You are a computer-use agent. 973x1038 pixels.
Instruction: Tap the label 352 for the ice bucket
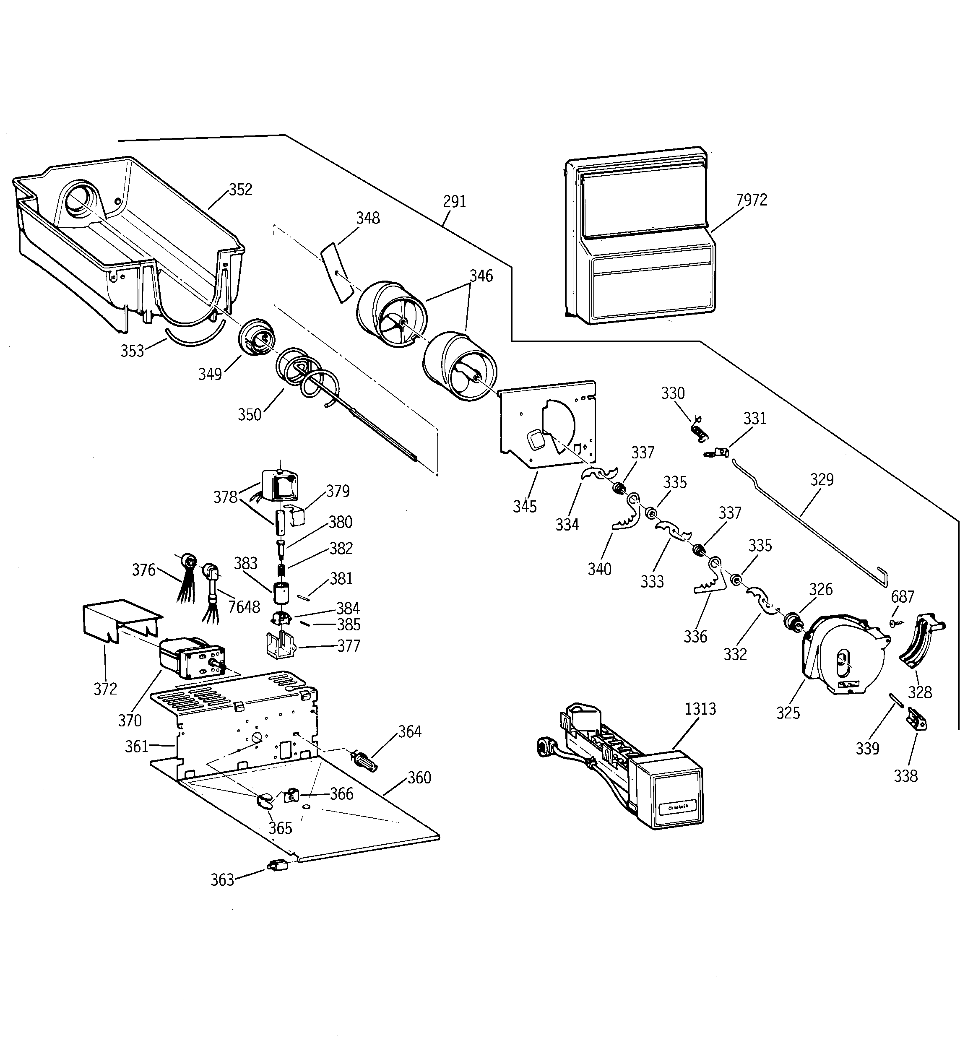[240, 189]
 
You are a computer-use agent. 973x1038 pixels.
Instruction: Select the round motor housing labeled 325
[843, 658]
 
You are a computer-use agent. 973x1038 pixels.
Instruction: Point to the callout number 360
[419, 778]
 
